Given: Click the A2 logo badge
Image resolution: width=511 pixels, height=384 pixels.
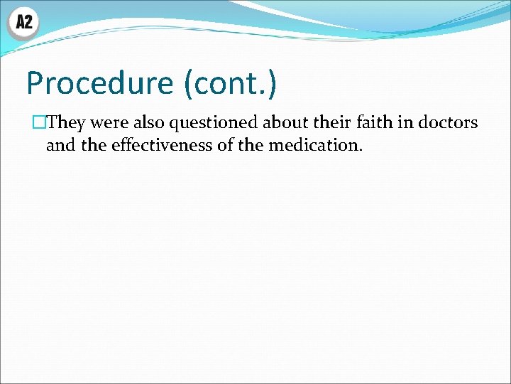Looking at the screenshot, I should coord(23,23).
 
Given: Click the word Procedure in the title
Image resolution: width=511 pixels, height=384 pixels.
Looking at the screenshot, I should coord(100,83).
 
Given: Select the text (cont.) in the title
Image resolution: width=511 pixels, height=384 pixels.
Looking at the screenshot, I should coord(230,83).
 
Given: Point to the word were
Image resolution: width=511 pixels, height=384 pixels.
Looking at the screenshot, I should coord(109,123).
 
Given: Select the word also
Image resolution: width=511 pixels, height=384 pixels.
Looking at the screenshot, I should coord(148,123).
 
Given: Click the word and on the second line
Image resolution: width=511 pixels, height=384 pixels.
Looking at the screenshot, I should coord(59,146).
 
